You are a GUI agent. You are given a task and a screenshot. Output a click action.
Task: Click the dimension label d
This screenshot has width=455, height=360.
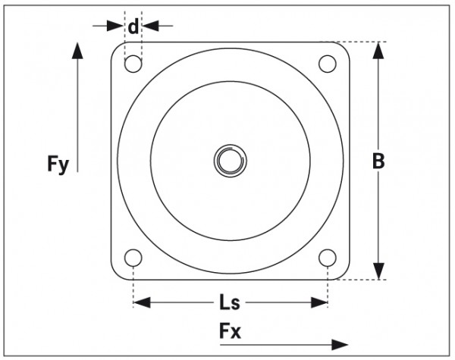(133, 27)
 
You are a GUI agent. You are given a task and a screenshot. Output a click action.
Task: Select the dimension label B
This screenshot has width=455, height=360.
(379, 161)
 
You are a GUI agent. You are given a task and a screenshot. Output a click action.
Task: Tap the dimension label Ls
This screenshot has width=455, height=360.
(230, 303)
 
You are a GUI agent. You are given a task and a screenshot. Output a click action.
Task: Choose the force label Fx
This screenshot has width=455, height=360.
(231, 332)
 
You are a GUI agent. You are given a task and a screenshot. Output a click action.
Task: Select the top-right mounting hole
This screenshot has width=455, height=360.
(327, 64)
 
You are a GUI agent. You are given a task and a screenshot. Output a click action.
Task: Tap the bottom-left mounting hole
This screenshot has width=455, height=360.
(133, 258)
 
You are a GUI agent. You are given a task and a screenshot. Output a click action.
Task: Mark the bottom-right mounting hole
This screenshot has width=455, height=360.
(327, 258)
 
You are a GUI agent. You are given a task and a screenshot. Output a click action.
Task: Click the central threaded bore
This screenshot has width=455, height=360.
(229, 161)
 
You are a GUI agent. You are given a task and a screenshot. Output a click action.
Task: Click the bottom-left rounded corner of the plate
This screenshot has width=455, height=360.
(117, 274)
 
